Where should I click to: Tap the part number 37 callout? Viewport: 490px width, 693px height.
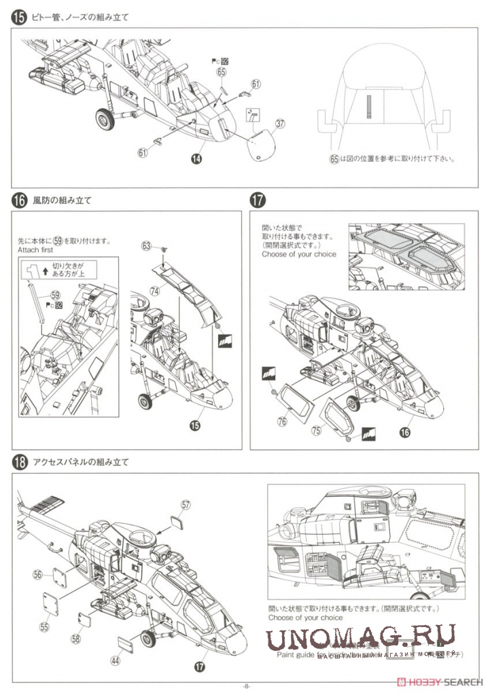(279, 124)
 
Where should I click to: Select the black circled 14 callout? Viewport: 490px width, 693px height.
(196, 158)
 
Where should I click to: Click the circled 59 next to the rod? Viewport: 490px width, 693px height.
(56, 296)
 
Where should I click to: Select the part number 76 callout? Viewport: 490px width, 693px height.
(282, 422)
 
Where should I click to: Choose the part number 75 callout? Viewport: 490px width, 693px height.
(315, 430)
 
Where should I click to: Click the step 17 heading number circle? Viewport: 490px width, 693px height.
(257, 200)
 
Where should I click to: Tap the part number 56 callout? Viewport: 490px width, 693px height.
(37, 574)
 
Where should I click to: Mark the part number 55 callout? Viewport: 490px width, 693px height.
(44, 626)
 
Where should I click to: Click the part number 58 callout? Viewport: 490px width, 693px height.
(75, 639)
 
